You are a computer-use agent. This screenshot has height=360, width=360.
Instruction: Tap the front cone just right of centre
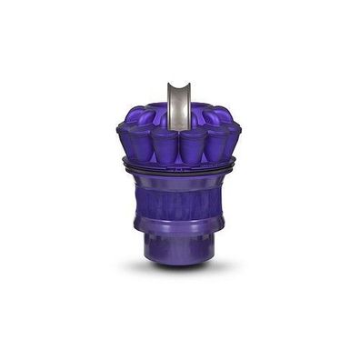click(193, 147)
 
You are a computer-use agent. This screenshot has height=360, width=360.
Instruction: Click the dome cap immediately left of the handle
click(160, 115)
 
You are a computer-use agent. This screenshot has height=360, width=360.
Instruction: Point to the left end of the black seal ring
click(125, 165)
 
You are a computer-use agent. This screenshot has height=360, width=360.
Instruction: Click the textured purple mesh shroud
click(179, 205)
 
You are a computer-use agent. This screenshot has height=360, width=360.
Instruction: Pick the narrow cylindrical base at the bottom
click(179, 245)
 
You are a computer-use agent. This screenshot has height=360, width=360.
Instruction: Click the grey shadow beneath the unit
click(179, 270)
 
